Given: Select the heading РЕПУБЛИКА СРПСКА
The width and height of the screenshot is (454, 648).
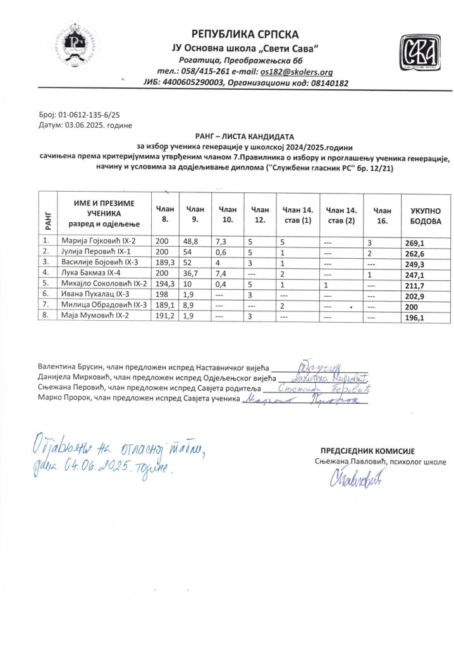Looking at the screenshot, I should [245, 34].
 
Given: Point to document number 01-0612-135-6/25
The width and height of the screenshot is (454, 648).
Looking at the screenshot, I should [83, 116].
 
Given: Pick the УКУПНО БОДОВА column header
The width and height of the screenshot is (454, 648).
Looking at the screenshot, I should [425, 215].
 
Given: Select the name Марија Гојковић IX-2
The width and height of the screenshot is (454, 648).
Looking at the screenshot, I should [98, 241].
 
